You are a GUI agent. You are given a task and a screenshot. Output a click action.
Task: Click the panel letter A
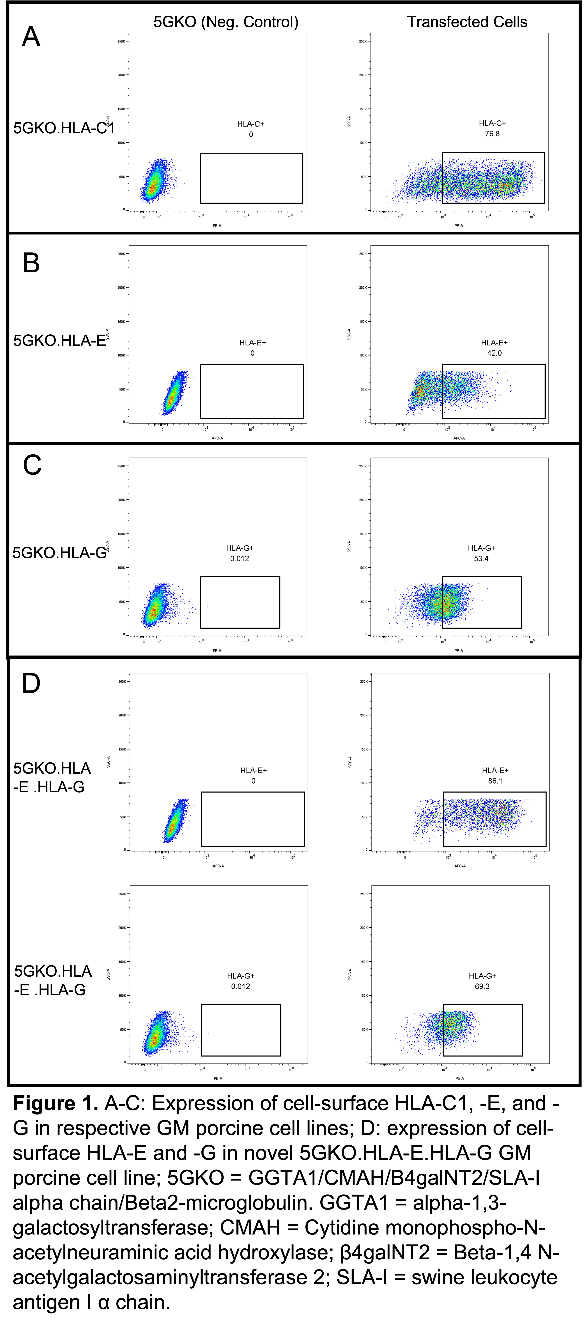tap(31, 37)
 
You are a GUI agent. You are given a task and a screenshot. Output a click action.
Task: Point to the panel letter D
tap(31, 684)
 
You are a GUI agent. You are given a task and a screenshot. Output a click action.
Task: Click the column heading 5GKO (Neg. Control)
tap(226, 22)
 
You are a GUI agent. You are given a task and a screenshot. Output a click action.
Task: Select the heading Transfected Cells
tap(467, 22)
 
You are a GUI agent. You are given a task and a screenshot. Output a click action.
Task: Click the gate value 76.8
tap(492, 134)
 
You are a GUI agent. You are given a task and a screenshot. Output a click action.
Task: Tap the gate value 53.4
tap(481, 558)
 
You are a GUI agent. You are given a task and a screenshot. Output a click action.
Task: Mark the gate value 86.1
tap(495, 781)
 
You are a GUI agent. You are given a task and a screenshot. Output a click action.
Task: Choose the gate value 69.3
tap(482, 987)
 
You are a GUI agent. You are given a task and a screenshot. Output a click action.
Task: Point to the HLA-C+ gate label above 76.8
tap(492, 124)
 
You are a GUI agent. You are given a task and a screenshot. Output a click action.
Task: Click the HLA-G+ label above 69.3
tap(482, 976)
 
